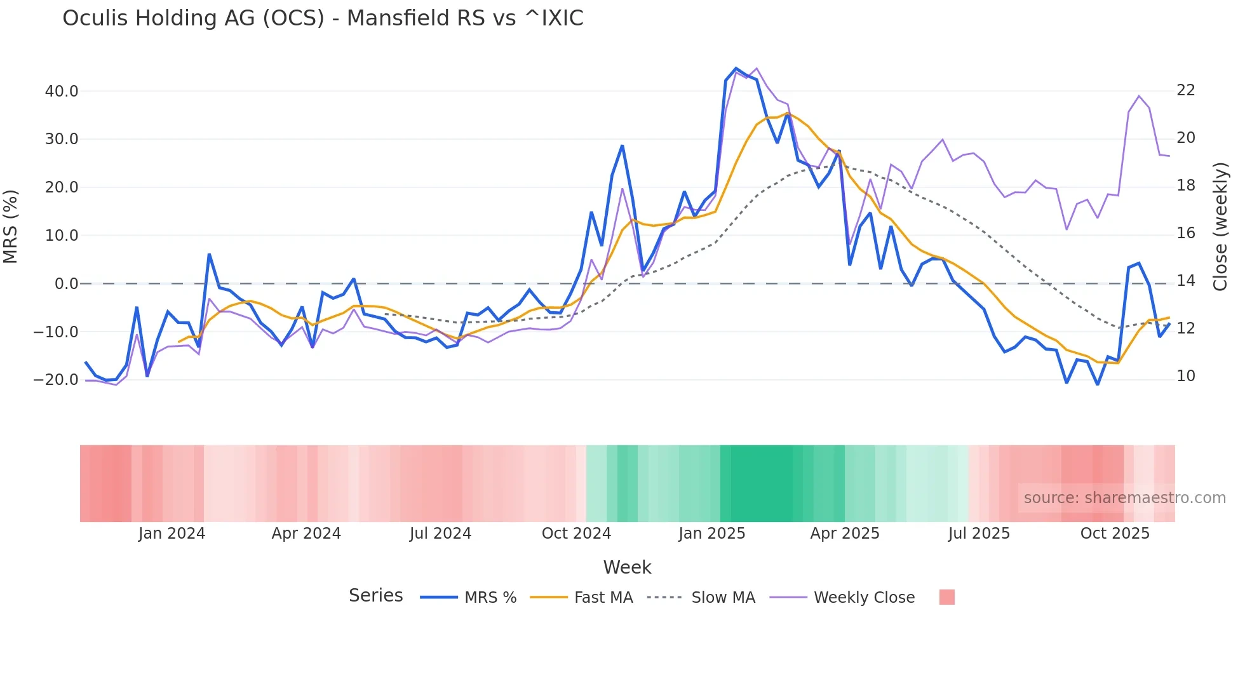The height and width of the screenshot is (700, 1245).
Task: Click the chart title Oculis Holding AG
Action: pyautogui.click(x=323, y=18)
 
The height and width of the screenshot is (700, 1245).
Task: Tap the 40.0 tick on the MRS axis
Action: pyautogui.click(x=62, y=91)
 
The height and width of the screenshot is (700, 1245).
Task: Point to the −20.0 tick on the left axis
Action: pyautogui.click(x=56, y=380)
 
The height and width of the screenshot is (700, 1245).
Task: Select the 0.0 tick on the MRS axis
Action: pyautogui.click(x=66, y=284)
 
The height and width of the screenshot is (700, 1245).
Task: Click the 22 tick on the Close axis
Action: pyautogui.click(x=1185, y=90)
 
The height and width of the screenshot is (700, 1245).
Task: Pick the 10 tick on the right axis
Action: pyautogui.click(x=1185, y=376)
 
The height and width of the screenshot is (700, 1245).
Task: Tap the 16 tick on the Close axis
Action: pyautogui.click(x=1185, y=233)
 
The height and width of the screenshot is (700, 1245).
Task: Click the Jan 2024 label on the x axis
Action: pyautogui.click(x=172, y=534)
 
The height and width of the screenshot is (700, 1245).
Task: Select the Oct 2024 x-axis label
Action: pyautogui.click(x=576, y=534)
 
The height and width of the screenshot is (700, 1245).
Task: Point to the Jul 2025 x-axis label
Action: pyautogui.click(x=979, y=534)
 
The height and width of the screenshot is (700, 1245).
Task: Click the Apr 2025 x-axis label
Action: pyautogui.click(x=845, y=534)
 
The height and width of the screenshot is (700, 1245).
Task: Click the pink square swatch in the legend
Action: pyautogui.click(x=946, y=597)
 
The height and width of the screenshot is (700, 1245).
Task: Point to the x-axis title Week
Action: pyautogui.click(x=627, y=567)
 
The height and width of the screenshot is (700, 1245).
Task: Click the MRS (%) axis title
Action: pyautogui.click(x=11, y=227)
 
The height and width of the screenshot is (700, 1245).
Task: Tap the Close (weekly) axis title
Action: pyautogui.click(x=1220, y=227)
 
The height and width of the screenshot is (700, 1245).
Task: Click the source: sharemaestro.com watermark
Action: pyautogui.click(x=1124, y=498)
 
